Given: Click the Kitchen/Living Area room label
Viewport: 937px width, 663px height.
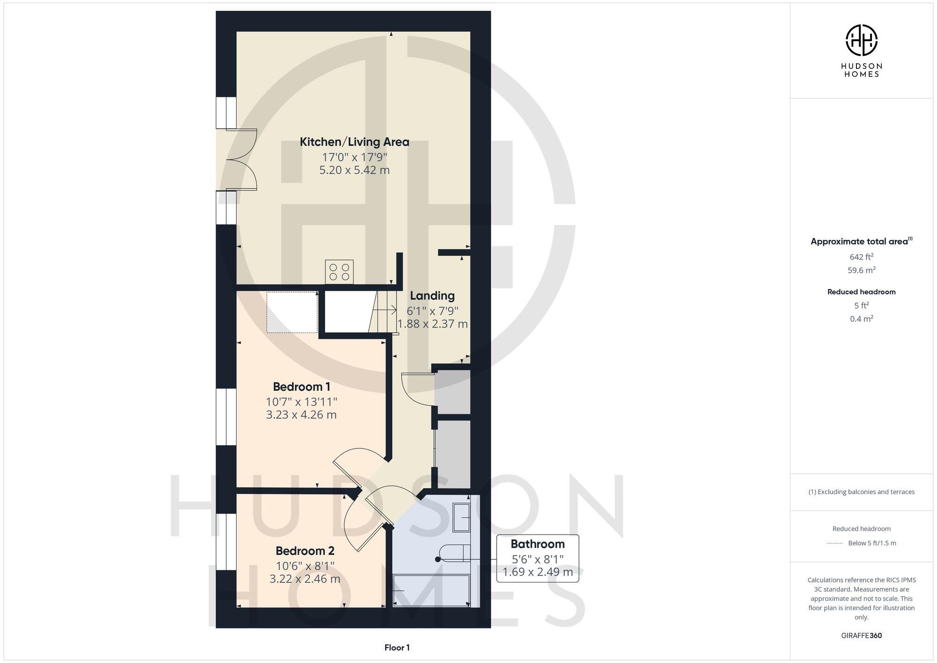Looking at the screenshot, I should click(354, 142).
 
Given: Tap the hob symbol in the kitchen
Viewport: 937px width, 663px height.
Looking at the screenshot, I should click(339, 272).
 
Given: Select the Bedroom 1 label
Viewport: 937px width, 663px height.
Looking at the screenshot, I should click(301, 387).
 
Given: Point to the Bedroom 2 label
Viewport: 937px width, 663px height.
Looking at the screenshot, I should click(305, 551).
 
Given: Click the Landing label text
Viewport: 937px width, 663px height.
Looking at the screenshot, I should click(432, 296).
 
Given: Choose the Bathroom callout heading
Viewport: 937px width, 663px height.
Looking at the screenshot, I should click(537, 544).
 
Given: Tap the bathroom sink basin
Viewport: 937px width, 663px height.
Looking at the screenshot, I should click(461, 518).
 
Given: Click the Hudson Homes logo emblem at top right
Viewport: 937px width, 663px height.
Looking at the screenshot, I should click(861, 40).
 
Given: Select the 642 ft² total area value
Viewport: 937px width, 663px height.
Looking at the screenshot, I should click(861, 257).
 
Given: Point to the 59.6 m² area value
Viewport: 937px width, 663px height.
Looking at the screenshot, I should click(861, 270).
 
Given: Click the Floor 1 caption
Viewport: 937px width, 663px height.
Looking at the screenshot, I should click(397, 648).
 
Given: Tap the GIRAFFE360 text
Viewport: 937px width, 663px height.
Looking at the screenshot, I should click(861, 636).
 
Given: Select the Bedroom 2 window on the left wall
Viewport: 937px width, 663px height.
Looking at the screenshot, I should click(226, 542).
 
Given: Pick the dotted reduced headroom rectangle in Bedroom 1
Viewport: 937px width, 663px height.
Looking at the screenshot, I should click(292, 312).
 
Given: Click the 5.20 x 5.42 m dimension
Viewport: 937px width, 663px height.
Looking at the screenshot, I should click(354, 171).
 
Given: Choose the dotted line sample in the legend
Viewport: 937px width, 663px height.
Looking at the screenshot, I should click(835, 544).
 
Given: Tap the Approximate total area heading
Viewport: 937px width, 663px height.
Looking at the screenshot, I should click(859, 242).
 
